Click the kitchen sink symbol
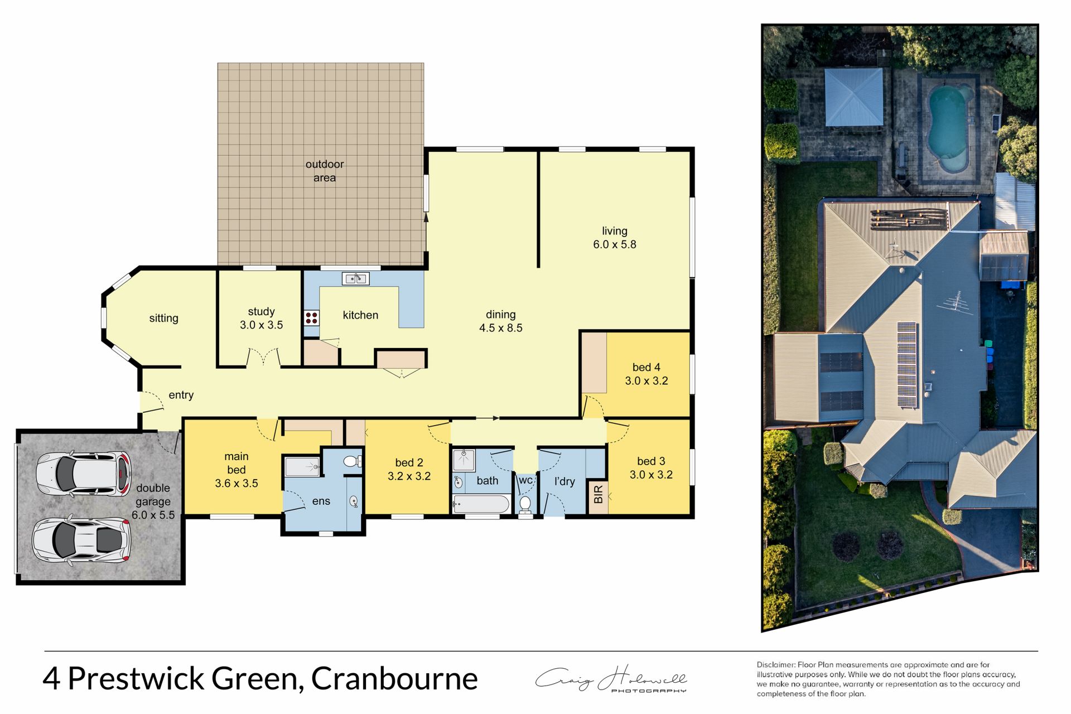point(355,278)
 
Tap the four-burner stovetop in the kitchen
point(311,318)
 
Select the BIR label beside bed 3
point(599,494)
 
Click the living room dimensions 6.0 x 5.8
point(614,244)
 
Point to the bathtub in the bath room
point(481,504)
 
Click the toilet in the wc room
point(525,504)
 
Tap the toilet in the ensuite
point(352,461)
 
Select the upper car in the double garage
point(84,474)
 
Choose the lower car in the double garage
point(81,539)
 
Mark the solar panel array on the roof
point(906,365)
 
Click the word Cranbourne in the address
point(394,678)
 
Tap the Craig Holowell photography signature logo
point(611,679)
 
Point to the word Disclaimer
point(775,664)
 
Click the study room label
point(261,311)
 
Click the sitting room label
point(163,318)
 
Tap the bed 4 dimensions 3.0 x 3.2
point(646,381)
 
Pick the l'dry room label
point(564,481)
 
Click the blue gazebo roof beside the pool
point(853,97)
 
